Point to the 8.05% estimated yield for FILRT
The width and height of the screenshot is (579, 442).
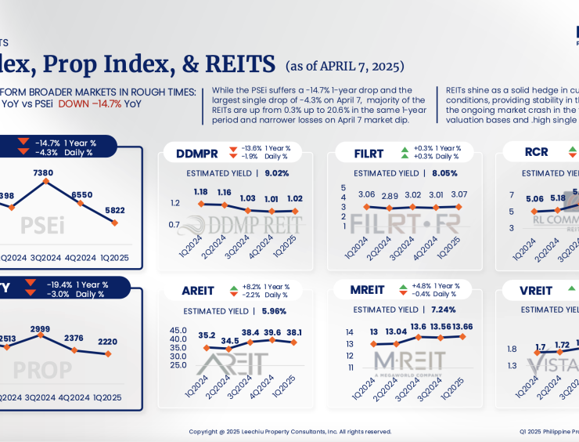[445, 173]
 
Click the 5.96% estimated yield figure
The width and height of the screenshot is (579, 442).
[274, 311]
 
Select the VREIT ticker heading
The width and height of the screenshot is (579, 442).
[536, 291]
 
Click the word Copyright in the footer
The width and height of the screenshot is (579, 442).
[203, 431]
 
